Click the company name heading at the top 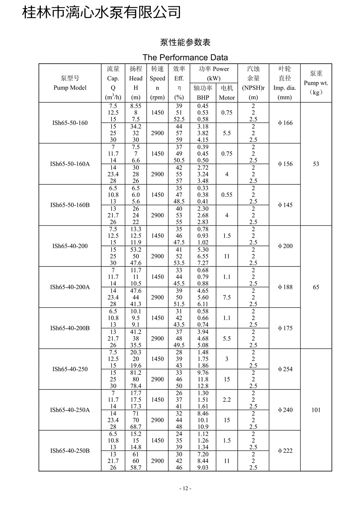[x=102, y=12]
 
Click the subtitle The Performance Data [x=185, y=57]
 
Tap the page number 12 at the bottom [x=185, y=488]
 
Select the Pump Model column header [x=70, y=83]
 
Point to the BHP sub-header [x=203, y=97]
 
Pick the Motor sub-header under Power [x=226, y=97]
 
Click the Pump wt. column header [x=316, y=83]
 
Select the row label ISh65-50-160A [x=70, y=164]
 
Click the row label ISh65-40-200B [x=70, y=328]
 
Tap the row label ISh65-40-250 [x=70, y=369]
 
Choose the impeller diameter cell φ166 [x=285, y=123]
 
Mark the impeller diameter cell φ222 [x=285, y=451]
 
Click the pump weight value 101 [x=316, y=410]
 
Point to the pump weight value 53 [x=316, y=164]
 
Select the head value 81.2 [x=136, y=373]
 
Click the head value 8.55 [x=136, y=106]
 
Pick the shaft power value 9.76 [x=203, y=373]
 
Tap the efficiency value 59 [x=179, y=140]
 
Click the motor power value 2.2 [x=226, y=400]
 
